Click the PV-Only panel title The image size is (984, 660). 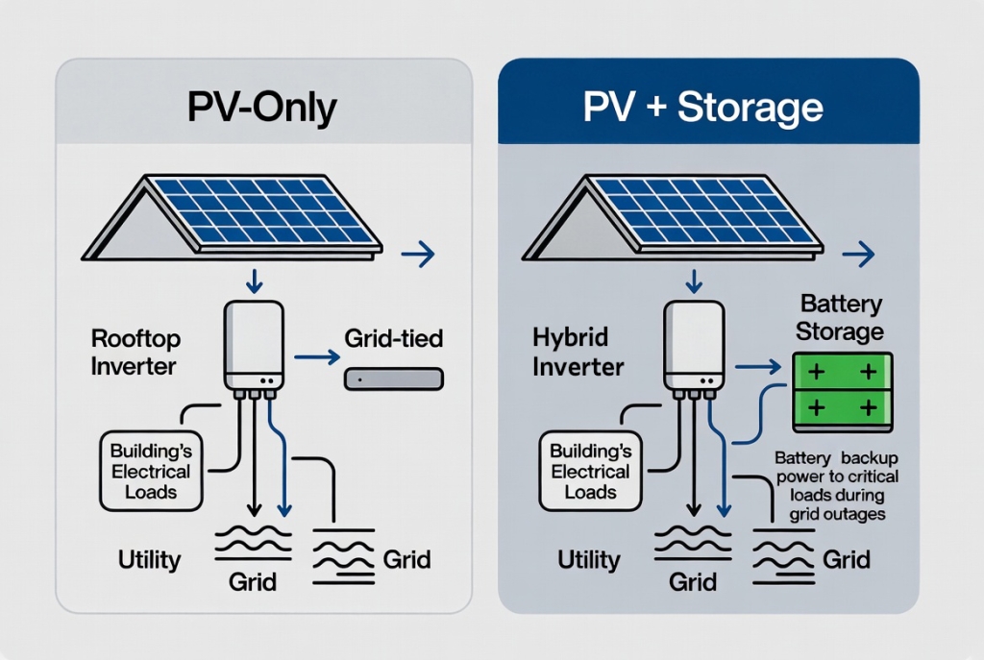click(262, 107)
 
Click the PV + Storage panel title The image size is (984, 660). click(703, 107)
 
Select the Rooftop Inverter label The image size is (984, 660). click(135, 352)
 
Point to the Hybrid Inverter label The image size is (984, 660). click(578, 352)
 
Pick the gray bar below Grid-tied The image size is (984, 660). click(394, 379)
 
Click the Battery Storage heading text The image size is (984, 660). click(841, 319)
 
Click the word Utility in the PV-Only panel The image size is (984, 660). click(149, 558)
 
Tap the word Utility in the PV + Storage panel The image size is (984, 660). click(589, 558)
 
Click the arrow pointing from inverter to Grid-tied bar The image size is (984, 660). click(317, 358)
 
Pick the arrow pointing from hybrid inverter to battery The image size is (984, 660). click(759, 366)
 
